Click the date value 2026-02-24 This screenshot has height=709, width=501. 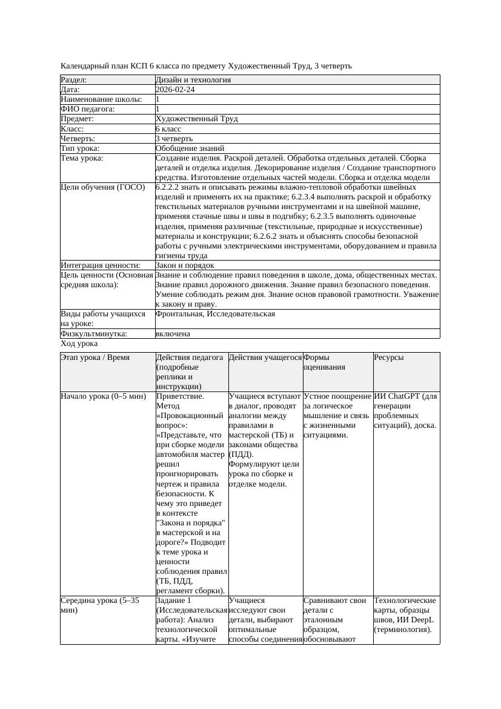coord(175,90)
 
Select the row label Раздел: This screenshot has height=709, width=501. coord(74,80)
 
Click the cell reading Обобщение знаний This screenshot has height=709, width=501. coord(190,148)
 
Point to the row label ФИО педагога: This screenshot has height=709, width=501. coord(88,109)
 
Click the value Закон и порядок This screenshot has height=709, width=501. coord(185,265)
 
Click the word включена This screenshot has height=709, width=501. coord(173,334)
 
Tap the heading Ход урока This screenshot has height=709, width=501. coord(79,344)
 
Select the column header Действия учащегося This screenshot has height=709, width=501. coord(265,358)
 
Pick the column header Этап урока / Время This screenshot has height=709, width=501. coord(95,358)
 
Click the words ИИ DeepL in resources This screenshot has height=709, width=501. coord(417,620)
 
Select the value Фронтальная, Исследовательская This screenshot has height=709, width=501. coord(215,314)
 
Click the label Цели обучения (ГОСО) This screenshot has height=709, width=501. coord(103,187)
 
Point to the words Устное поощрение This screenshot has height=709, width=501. coord(337,396)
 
